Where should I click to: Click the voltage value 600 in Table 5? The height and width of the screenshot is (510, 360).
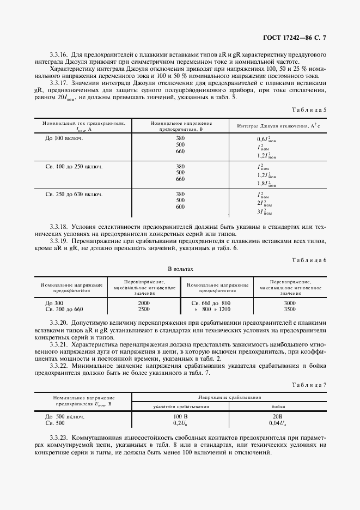coord(180,207)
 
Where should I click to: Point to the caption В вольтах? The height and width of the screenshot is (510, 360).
coord(180,269)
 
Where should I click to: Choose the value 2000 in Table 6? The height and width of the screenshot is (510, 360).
coord(144,302)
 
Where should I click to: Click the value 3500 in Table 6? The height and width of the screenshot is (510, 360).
coord(290,309)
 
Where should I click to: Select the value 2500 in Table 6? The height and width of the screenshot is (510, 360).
coord(144,309)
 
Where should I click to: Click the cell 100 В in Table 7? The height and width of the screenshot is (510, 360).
coord(177,416)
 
